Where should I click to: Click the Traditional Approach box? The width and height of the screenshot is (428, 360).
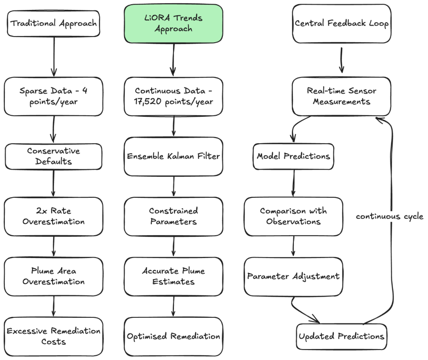(x=54, y=23)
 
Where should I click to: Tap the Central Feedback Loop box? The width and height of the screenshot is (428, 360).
(x=341, y=23)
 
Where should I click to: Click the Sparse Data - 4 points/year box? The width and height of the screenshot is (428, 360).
(x=54, y=96)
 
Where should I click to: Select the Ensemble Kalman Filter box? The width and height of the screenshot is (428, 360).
(x=173, y=156)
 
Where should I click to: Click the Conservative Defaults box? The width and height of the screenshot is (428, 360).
(x=54, y=156)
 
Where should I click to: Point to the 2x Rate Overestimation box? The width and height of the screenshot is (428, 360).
(x=54, y=216)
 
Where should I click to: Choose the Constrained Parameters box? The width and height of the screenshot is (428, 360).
(x=173, y=216)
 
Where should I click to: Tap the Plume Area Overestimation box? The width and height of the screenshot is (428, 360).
(x=54, y=276)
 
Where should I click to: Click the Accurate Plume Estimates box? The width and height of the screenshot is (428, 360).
(x=173, y=276)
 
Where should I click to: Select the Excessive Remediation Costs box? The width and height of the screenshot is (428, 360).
(x=54, y=336)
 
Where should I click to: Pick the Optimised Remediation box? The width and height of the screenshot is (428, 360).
(x=173, y=336)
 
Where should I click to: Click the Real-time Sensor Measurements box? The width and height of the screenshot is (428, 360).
(x=341, y=96)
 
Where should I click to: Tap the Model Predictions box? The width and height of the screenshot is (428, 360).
(x=293, y=156)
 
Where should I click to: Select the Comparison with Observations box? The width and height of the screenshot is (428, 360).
(x=293, y=216)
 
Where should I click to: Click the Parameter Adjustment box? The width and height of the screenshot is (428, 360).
(x=293, y=276)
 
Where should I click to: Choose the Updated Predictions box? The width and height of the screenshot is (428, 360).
(x=341, y=336)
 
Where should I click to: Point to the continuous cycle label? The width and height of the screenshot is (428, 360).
(x=390, y=216)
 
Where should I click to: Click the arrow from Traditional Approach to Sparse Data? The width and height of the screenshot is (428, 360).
(x=54, y=57)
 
